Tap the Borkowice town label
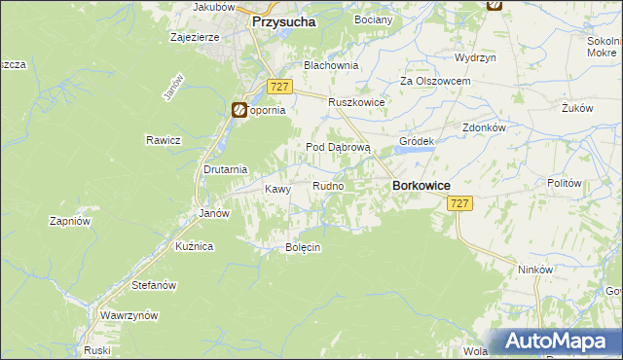(x=420, y=184)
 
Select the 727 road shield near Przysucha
(x=279, y=87)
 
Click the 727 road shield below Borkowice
(x=460, y=203)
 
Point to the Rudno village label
(x=327, y=186)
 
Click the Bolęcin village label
(x=303, y=247)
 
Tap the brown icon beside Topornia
(x=238, y=111)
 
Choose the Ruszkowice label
(x=357, y=102)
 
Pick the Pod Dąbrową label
(x=339, y=147)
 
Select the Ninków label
(x=535, y=270)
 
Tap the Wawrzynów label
(x=128, y=316)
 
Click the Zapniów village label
(x=70, y=221)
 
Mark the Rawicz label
(x=164, y=140)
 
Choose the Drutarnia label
(x=225, y=168)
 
